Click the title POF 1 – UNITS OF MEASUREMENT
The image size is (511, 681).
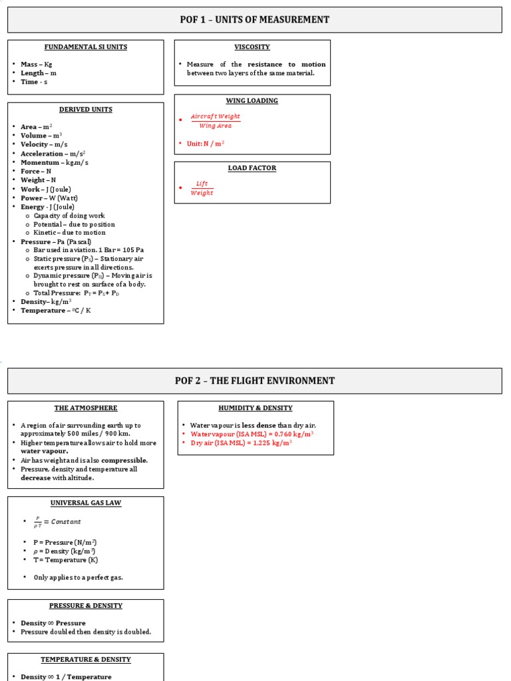pos(254,20)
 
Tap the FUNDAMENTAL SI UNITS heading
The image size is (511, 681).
pos(85,47)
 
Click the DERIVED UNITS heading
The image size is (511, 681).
pos(85,110)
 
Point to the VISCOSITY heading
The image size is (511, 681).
pos(252,47)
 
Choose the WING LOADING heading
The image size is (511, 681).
pos(252,101)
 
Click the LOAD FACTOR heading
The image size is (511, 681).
pos(252,168)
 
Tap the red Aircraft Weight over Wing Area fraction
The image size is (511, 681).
pos(215,121)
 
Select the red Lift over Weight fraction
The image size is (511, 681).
pos(202,188)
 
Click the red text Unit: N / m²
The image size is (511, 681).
pos(206,144)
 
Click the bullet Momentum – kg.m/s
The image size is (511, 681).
pos(54,162)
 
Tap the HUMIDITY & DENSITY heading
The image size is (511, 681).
pos(255,408)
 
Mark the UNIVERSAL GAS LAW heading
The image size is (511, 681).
pos(85,503)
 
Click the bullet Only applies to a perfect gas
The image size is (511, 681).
pos(78,577)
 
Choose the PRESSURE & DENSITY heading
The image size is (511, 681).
pos(85,606)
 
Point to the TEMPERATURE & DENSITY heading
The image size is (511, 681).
pos(85,660)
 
